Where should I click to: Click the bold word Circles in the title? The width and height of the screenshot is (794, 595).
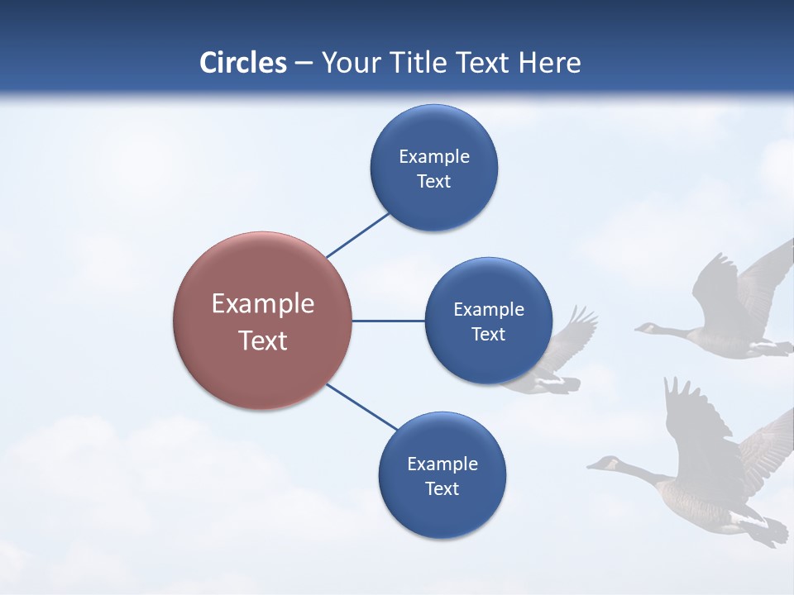click(242, 63)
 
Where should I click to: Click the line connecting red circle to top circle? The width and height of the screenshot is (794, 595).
click(357, 236)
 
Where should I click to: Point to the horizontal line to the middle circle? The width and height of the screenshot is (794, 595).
click(388, 321)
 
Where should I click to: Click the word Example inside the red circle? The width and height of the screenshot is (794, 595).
click(262, 304)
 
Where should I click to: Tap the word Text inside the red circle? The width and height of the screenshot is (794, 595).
click(262, 340)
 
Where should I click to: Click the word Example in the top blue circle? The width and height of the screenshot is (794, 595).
click(433, 157)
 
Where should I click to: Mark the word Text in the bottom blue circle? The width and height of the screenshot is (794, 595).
click(442, 489)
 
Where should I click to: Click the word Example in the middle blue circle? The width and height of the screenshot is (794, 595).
click(488, 310)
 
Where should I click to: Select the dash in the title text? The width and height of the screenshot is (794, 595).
click(304, 64)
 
